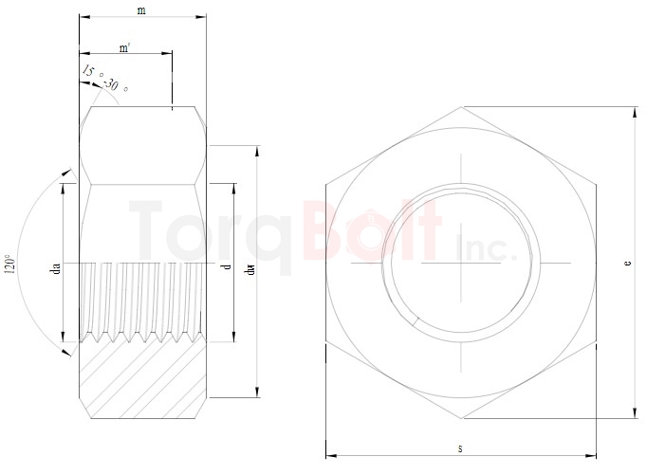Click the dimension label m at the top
pos(141,10)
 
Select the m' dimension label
pos(125,47)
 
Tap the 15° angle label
pos(88,72)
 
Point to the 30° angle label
pos(116,86)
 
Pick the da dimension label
pos(56,271)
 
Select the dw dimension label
pos(249,271)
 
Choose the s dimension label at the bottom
pos(461,448)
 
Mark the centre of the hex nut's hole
pos(462,262)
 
